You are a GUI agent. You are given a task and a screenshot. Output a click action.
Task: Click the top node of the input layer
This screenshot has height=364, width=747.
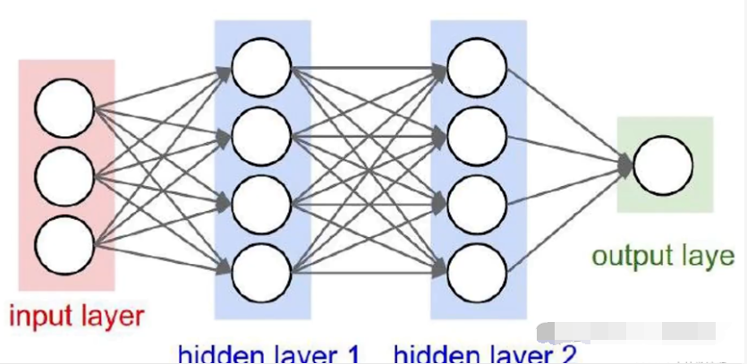64,108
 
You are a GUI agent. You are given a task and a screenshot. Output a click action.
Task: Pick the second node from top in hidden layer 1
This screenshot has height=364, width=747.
261,136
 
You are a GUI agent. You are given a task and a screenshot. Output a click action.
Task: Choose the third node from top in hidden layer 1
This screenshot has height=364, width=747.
261,203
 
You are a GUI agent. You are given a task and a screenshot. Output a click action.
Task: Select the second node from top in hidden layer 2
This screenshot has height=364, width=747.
477,136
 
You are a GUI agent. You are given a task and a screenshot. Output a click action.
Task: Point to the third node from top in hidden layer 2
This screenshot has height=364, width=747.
477,203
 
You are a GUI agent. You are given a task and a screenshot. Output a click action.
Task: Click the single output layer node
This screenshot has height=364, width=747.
663,165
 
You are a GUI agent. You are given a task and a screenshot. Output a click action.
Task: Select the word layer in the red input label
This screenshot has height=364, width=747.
110,317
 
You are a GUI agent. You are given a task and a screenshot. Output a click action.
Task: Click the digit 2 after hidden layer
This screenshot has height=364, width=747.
568,355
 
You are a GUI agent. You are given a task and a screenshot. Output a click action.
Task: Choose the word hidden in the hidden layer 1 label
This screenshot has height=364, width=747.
209,355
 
